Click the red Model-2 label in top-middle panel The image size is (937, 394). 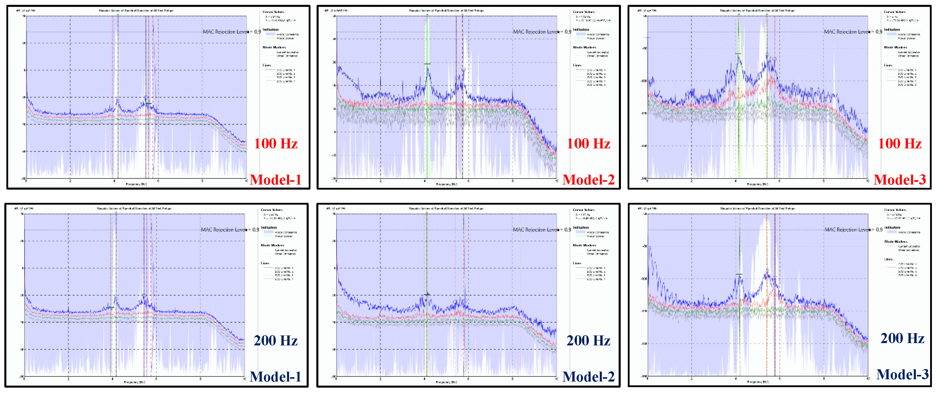pos(588,179)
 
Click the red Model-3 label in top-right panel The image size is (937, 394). pos(900,179)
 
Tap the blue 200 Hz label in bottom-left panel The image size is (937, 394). pos(276,341)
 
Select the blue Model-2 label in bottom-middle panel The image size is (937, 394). pos(588,376)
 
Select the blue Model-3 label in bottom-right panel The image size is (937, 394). pos(902,374)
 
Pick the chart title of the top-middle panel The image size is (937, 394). pos(446,10)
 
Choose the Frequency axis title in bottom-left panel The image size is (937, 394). pos(134,382)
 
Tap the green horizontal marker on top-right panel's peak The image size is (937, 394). pos(738,54)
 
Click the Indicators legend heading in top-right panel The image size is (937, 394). pos(892,30)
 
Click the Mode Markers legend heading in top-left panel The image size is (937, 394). pos(274,47)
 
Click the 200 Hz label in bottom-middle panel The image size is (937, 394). pos(588,341)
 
